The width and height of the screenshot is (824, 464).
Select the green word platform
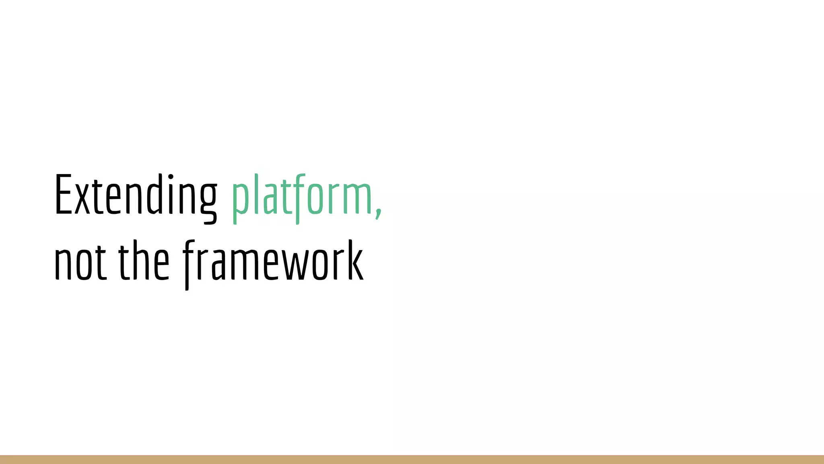point(302,197)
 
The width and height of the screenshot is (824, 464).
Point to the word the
point(144,261)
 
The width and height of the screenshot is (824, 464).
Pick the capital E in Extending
point(63,195)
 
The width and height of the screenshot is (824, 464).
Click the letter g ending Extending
point(208,201)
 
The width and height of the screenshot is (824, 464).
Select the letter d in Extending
point(154,195)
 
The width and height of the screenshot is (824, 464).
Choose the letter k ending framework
point(356,261)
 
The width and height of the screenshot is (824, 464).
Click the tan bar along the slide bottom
point(412,460)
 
